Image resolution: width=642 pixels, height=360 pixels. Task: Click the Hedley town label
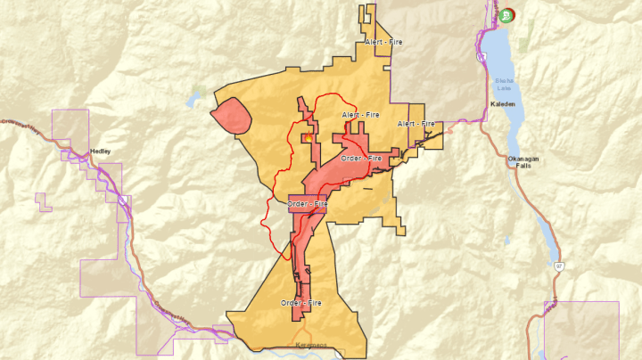pos(101,151)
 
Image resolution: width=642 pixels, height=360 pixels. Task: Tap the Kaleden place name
pos(503,104)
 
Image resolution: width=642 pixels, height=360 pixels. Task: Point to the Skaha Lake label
pos(505,86)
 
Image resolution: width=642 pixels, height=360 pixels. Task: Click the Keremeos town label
pos(307,342)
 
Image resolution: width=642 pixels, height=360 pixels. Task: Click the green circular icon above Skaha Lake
pos(507,14)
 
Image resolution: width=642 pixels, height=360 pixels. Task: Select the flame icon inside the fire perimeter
pos(307,137)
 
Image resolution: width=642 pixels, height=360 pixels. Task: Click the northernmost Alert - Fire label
pos(383,42)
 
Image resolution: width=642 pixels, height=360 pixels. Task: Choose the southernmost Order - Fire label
pos(301,303)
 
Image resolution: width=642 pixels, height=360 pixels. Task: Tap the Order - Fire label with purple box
pos(308,204)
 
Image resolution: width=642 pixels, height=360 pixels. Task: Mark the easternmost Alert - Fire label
pos(416,123)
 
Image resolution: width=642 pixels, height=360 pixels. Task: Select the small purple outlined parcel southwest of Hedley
pos(41,202)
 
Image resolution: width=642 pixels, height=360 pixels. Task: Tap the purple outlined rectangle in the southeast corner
pos(581,330)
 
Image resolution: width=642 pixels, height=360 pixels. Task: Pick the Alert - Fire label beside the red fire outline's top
pos(360,115)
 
